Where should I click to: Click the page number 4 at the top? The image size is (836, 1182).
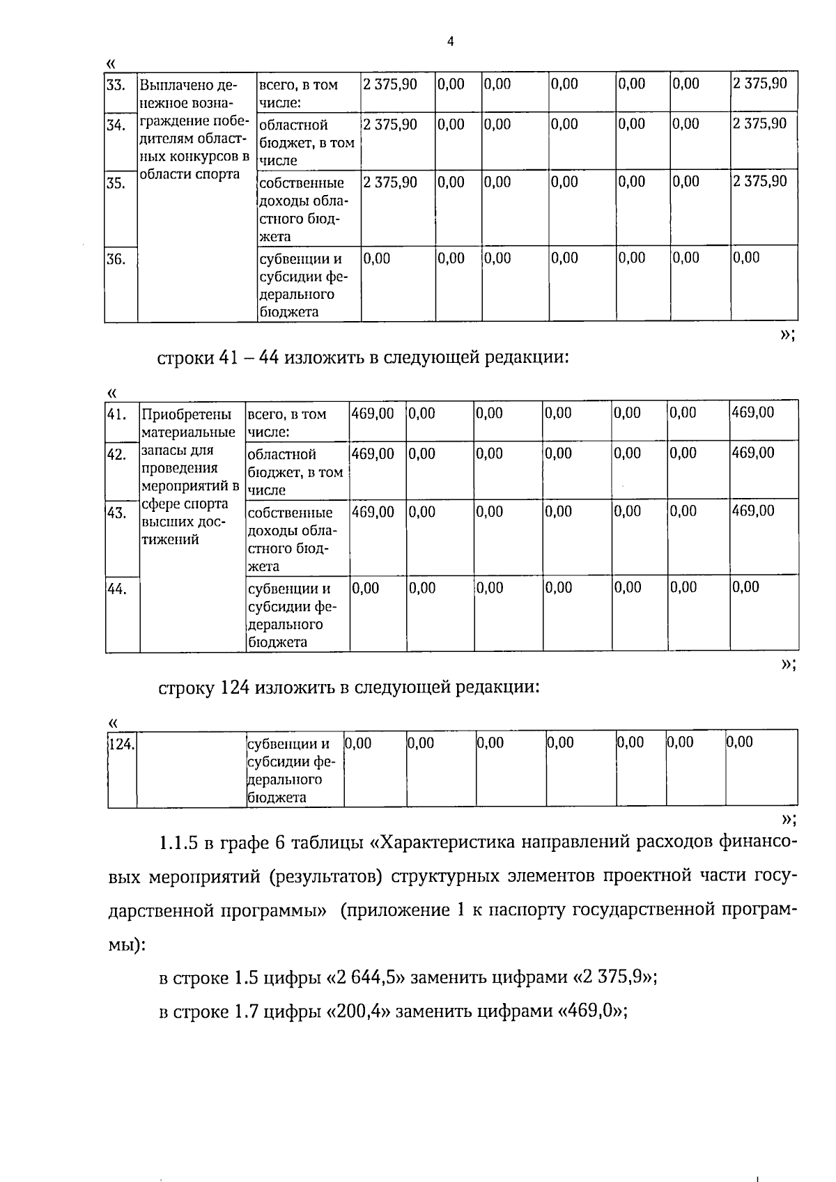(x=450, y=42)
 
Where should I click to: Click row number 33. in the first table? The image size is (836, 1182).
(x=116, y=86)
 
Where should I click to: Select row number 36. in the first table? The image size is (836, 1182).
(x=116, y=260)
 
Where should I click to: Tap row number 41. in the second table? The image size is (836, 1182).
(x=116, y=415)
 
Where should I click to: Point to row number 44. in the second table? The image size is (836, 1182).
(x=116, y=589)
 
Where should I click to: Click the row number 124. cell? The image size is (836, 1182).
(x=122, y=744)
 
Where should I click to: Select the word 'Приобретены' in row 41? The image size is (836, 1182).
(x=187, y=415)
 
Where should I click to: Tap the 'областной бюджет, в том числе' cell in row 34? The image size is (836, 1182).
(x=307, y=142)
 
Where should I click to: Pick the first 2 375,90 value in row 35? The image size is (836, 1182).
(x=390, y=182)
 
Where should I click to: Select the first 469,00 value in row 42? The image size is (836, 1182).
(x=373, y=454)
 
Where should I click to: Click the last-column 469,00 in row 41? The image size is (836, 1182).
(x=753, y=412)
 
